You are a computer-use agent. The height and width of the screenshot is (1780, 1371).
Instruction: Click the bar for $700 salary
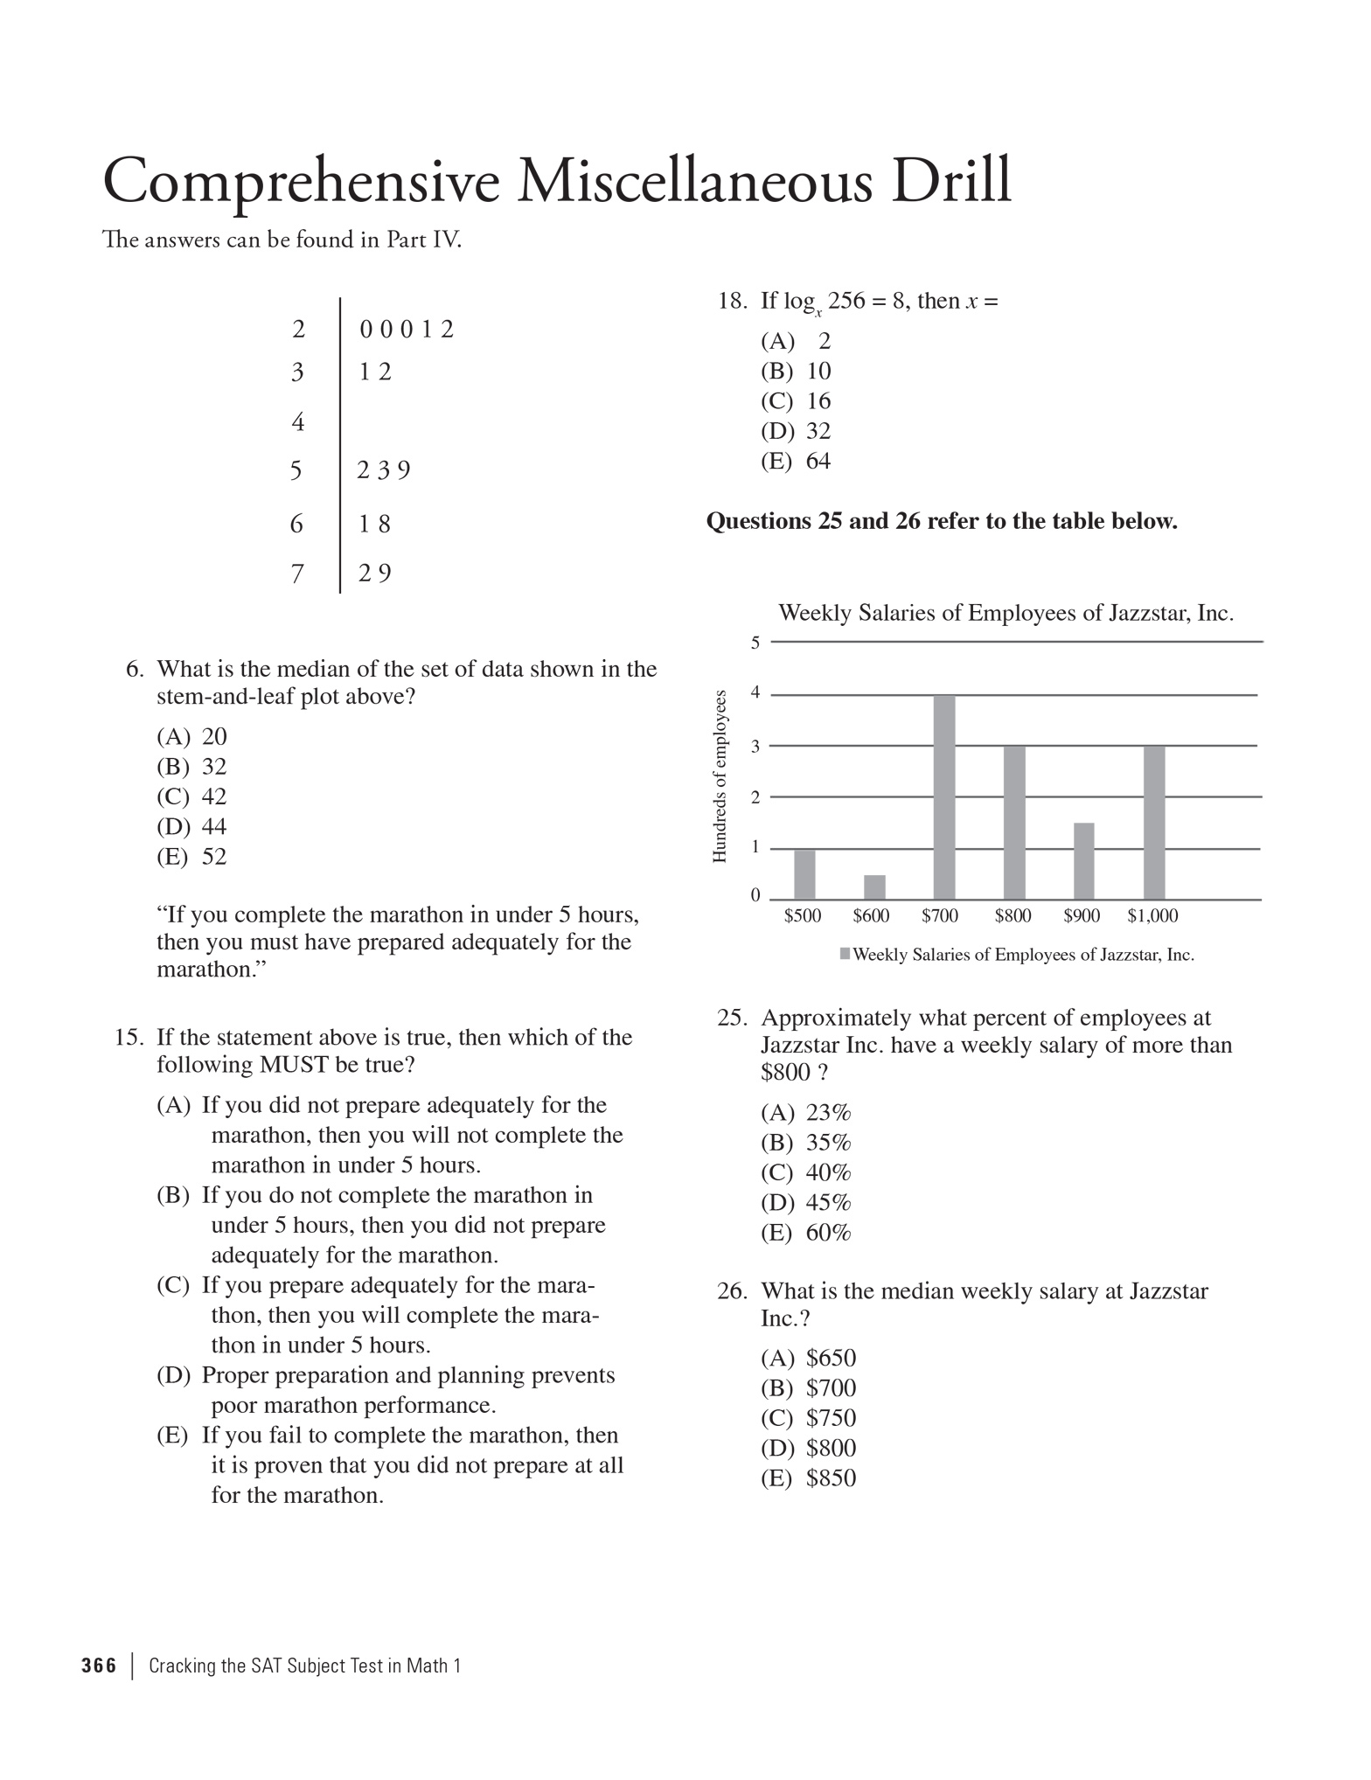(944, 796)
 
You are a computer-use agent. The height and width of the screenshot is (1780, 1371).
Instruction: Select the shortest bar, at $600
(874, 887)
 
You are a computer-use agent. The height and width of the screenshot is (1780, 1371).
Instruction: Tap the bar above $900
(1084, 860)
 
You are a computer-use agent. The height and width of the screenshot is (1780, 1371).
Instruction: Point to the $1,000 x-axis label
(1152, 915)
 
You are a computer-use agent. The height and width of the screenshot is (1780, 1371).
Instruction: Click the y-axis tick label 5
(755, 643)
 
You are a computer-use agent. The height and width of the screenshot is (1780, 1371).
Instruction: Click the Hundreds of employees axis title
(720, 776)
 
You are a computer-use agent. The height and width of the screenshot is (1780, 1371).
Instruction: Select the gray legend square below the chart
(845, 954)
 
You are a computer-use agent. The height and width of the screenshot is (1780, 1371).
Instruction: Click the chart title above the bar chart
(1006, 613)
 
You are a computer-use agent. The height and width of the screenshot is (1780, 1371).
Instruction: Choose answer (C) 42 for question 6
(191, 796)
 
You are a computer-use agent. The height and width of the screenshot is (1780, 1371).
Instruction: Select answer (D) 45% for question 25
(805, 1202)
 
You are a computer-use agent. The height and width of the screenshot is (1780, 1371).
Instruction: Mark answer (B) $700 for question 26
(808, 1387)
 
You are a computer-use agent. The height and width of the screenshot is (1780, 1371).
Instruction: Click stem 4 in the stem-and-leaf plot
(298, 422)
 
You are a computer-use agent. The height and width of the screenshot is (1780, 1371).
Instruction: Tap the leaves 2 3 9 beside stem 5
(384, 470)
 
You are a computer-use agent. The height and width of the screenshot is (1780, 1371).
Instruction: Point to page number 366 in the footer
(99, 1665)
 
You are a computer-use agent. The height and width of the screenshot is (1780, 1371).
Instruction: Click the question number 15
(129, 1037)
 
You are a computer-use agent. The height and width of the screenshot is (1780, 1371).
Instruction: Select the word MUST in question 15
(294, 1065)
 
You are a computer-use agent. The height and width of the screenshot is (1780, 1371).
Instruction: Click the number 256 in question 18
(846, 301)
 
